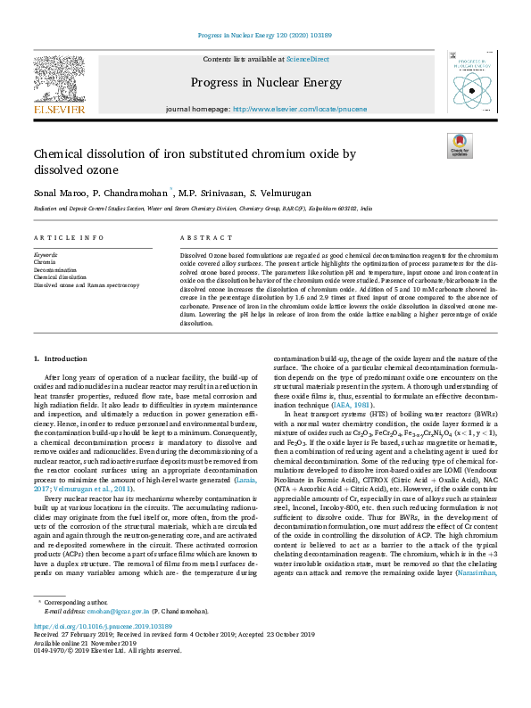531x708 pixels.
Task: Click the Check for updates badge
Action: [x=459, y=145]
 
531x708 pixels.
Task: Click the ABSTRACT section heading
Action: [x=201, y=239]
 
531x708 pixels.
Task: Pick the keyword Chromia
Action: [x=45, y=262]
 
